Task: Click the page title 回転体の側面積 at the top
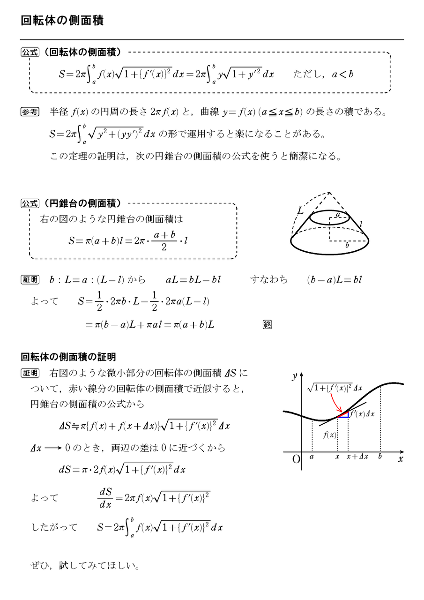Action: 62,21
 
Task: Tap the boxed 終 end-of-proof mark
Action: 267,324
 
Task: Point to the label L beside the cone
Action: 300,212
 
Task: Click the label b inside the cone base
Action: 347,245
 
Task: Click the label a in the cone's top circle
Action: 338,215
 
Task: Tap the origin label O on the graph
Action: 296,459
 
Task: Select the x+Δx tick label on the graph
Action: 357,456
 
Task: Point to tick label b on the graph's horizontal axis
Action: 379,456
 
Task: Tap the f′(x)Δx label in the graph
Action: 363,414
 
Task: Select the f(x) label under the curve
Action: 330,435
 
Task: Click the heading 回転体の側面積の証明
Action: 68,357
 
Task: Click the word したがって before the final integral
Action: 54,527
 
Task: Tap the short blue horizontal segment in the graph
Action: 343,417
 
